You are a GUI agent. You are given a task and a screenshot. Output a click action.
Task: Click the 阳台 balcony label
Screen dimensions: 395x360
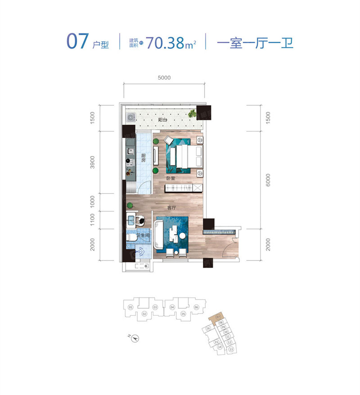click(162, 120)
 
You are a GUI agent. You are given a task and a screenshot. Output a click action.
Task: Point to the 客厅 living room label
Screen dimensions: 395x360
click(171, 208)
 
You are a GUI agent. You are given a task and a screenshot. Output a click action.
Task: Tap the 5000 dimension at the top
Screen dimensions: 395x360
click(164, 78)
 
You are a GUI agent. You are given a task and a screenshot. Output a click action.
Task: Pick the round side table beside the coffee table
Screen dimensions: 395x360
click(182, 236)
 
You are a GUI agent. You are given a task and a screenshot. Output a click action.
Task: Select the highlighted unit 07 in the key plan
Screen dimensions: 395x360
click(218, 318)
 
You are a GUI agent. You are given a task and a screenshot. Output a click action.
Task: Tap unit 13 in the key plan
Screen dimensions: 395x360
click(231, 349)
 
